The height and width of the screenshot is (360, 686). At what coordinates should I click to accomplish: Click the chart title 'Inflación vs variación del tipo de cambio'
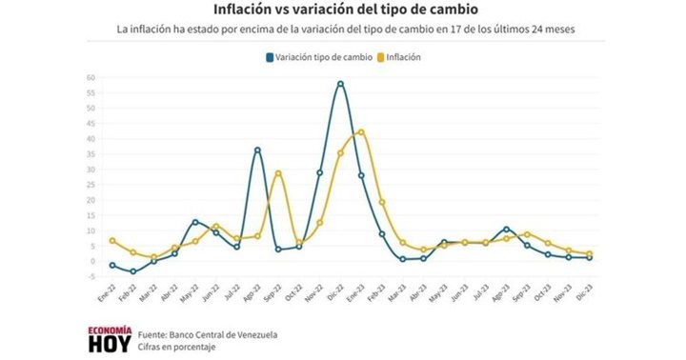(x=345, y=10)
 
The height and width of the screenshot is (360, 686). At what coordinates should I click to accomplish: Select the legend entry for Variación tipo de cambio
(x=319, y=57)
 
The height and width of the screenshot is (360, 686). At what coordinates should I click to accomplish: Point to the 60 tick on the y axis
(x=91, y=77)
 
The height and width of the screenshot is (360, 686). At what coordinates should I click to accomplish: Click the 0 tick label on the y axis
(x=93, y=261)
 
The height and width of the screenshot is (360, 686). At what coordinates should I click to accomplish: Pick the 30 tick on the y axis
(x=91, y=169)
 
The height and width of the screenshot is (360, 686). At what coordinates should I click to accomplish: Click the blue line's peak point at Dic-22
(x=340, y=84)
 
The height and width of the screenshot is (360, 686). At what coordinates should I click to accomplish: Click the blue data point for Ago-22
(x=257, y=150)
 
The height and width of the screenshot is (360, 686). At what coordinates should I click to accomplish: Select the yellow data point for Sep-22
(x=278, y=173)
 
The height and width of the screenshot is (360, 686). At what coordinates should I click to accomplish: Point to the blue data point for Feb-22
(x=133, y=271)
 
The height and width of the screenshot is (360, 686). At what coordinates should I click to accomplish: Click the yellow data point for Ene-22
(x=112, y=241)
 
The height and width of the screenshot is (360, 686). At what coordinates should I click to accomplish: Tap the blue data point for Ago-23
(x=507, y=229)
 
